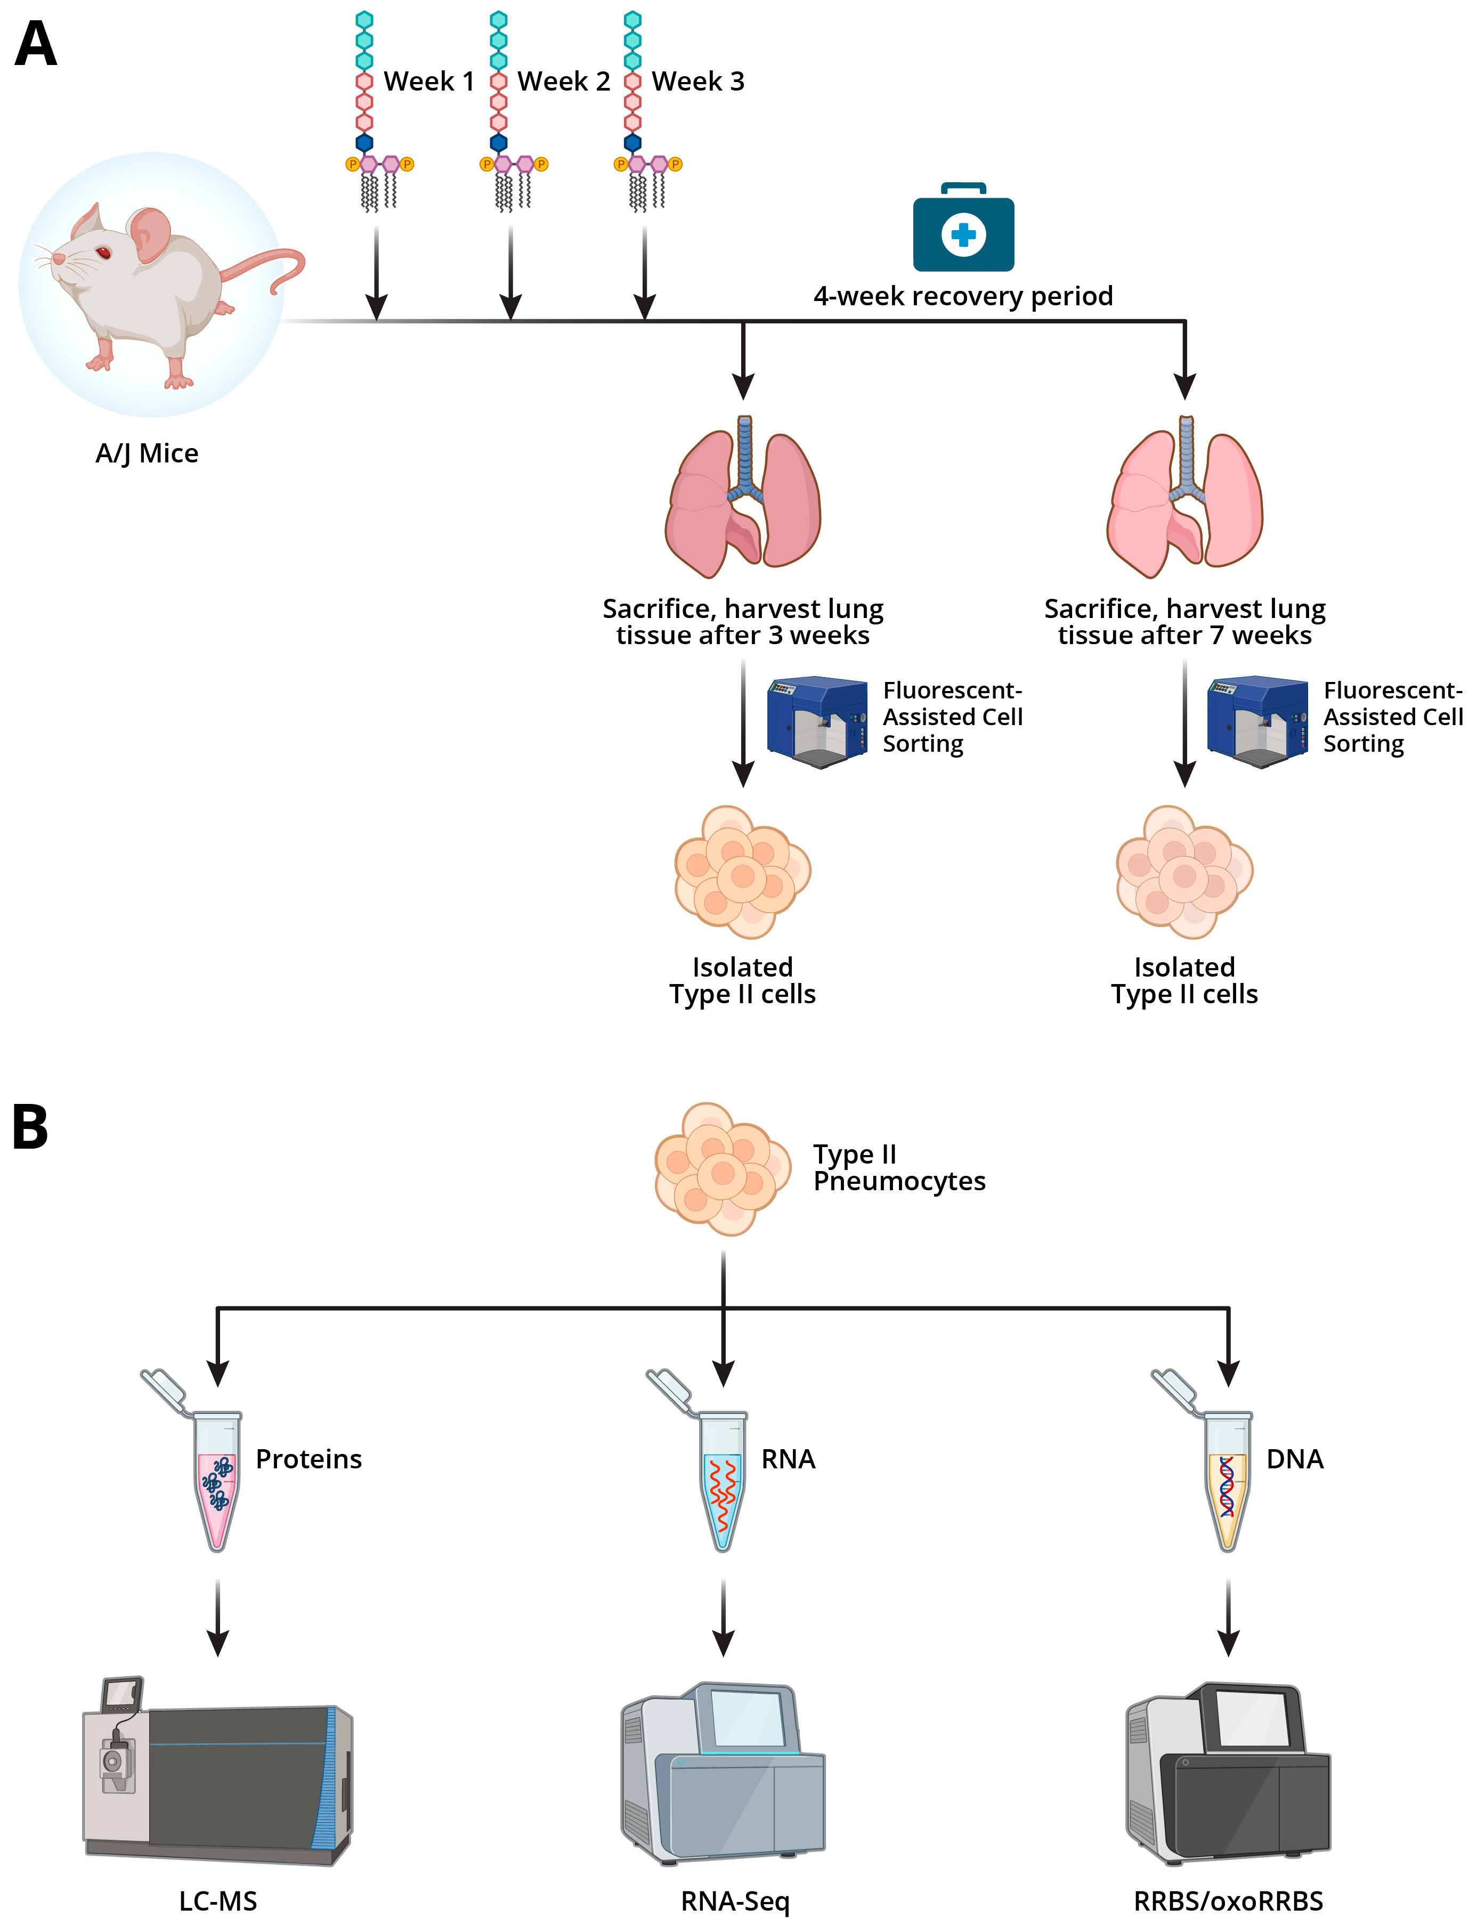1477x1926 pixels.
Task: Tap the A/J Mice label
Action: pyautogui.click(x=147, y=453)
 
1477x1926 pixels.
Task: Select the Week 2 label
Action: pyautogui.click(x=564, y=82)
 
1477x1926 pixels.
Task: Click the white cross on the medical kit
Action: pyautogui.click(x=963, y=234)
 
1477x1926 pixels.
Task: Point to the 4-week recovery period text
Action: pyautogui.click(x=963, y=296)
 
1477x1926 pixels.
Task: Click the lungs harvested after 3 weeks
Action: pyautogui.click(x=743, y=497)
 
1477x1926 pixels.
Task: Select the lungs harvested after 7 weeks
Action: pyautogui.click(x=1185, y=497)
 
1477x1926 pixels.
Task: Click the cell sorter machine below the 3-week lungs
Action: pyautogui.click(x=817, y=722)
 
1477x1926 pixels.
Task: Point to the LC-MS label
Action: pyautogui.click(x=218, y=1901)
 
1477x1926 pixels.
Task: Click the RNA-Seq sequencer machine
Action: pyautogui.click(x=723, y=1774)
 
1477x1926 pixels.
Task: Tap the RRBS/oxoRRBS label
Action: pyautogui.click(x=1228, y=1901)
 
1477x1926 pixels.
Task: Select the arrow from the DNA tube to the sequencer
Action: pyautogui.click(x=1228, y=1618)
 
